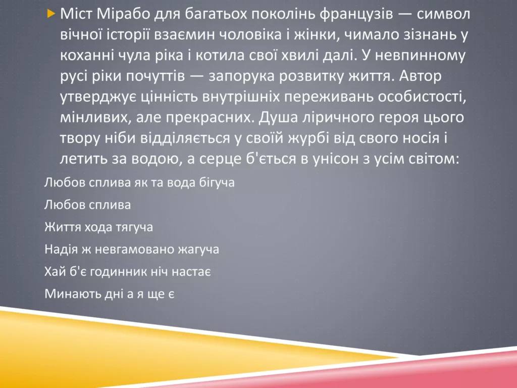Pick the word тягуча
coord(133,227)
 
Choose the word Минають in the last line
coord(67,294)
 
